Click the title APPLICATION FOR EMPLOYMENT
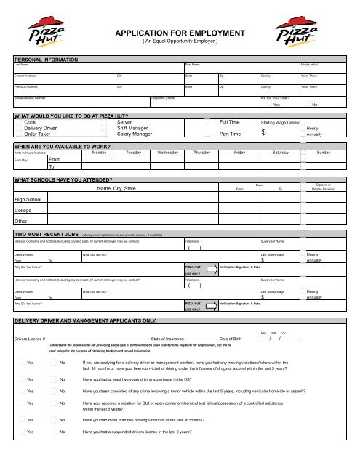coord(180,33)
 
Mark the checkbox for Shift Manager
coord(104,129)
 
